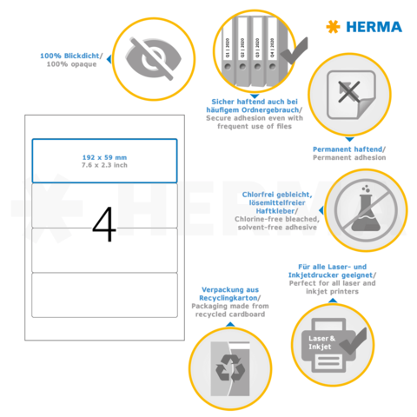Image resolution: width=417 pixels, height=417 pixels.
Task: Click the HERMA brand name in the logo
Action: pyautogui.click(x=375, y=27)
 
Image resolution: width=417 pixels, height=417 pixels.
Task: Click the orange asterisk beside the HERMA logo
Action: pyautogui.click(x=332, y=27)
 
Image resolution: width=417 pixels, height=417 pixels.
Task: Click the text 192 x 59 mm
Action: pyautogui.click(x=104, y=156)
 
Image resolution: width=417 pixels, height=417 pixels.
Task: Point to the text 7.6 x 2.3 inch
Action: pyautogui.click(x=104, y=164)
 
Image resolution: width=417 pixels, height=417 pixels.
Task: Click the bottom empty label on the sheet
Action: pyautogui.click(x=104, y=294)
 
